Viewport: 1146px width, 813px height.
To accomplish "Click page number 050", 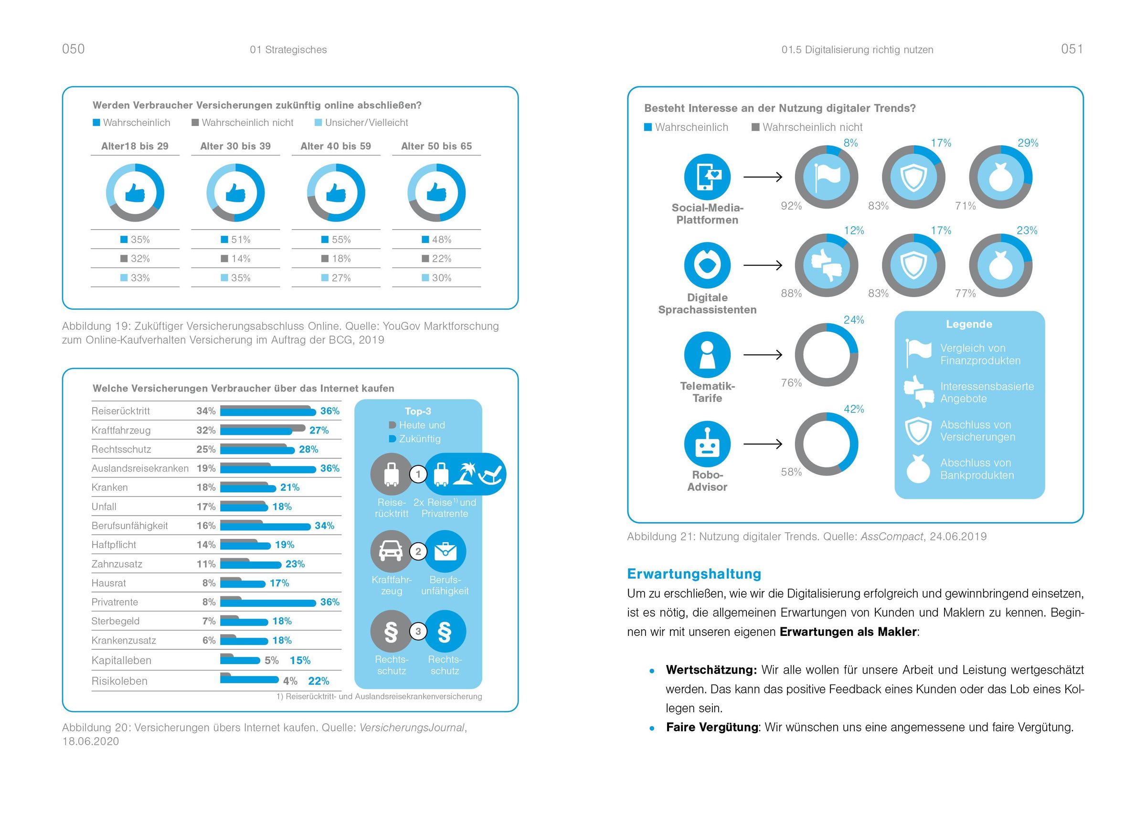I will point(73,49).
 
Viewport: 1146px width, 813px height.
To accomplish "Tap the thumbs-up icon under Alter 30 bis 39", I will point(235,193).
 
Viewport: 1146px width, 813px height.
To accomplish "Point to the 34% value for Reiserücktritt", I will point(206,411).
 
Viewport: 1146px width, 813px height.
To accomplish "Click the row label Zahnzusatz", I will point(117,564).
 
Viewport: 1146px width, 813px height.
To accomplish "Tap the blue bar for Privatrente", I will point(268,603).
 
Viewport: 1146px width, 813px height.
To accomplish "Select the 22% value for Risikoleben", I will point(318,681).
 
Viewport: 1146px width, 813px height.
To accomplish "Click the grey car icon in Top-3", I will point(391,552).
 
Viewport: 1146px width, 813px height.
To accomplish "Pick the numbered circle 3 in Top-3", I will point(418,631).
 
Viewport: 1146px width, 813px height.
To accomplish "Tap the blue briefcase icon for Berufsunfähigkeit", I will point(445,552).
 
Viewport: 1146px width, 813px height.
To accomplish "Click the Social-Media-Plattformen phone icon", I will point(707,177).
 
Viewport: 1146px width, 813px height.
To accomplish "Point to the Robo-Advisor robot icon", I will point(707,444).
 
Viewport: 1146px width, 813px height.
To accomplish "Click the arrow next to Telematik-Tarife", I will point(763,355).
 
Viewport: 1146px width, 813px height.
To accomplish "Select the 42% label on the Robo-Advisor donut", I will point(854,409).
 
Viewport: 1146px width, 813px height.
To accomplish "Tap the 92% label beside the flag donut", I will point(791,206).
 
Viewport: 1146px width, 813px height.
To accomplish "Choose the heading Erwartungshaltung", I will point(694,574).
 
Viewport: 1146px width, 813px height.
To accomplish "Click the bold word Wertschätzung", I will point(711,670).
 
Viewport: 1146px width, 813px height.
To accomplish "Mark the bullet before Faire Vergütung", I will point(652,729).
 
